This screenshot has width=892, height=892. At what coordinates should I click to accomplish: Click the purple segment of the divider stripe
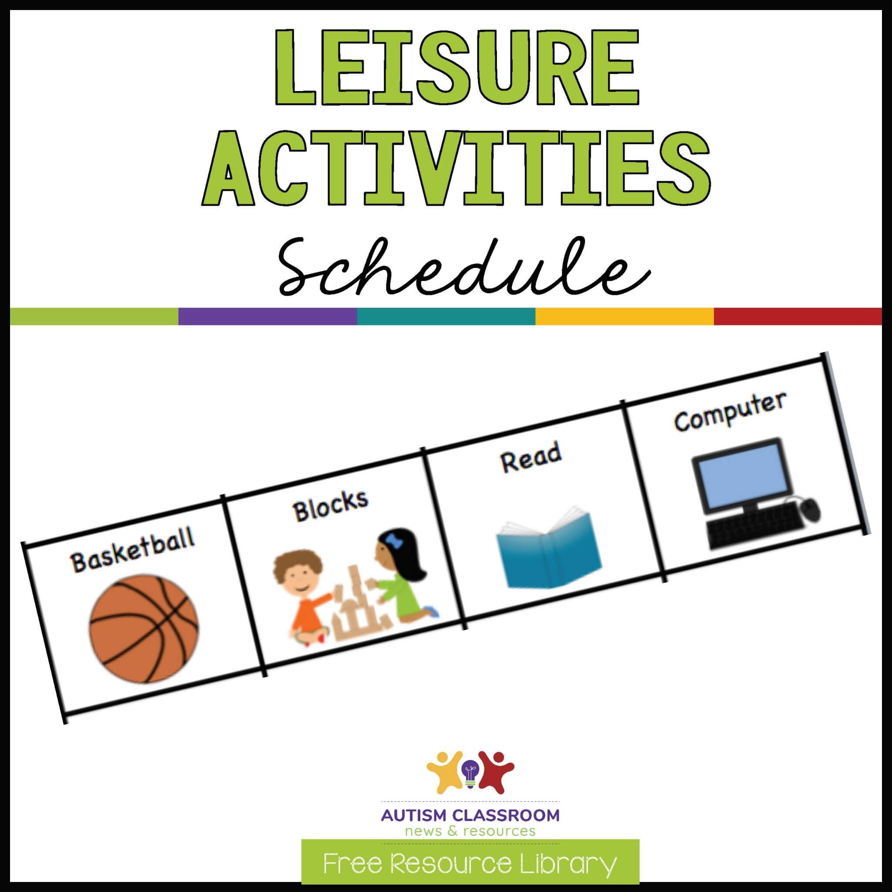tap(267, 316)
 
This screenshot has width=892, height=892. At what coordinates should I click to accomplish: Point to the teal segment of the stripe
tap(446, 316)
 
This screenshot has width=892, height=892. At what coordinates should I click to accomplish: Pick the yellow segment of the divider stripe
tap(624, 316)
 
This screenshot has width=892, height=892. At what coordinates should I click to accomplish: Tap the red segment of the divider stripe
tap(798, 316)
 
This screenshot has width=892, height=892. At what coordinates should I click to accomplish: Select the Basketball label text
tap(132, 553)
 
